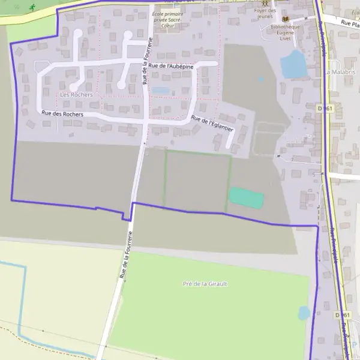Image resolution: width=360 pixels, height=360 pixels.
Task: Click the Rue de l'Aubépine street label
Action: tap(171, 66)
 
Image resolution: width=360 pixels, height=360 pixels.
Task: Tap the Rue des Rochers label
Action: tap(62, 113)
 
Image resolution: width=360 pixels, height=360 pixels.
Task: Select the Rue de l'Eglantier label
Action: tap(212, 124)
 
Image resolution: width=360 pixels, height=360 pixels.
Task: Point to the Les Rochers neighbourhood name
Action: tap(76, 95)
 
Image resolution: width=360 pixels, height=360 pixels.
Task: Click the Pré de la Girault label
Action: tap(205, 284)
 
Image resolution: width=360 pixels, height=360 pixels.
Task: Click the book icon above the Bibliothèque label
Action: tap(285, 19)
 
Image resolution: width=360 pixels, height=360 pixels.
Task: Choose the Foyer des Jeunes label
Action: tap(265, 14)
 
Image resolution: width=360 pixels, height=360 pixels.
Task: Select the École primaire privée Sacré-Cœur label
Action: tap(167, 19)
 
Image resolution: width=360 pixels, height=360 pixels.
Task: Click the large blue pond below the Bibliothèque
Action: tap(294, 64)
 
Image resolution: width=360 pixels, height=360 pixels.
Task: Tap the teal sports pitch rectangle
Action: tap(247, 197)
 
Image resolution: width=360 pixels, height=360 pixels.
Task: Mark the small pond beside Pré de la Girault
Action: tap(304, 313)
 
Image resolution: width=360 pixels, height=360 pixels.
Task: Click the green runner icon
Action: tap(32, 7)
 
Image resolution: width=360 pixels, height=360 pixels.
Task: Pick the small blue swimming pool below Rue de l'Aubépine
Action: tap(160, 91)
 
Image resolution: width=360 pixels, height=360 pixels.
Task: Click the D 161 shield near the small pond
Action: tap(342, 314)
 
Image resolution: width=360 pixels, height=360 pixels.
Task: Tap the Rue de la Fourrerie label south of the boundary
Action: tap(125, 257)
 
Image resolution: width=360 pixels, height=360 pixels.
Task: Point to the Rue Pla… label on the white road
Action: tap(350, 23)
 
